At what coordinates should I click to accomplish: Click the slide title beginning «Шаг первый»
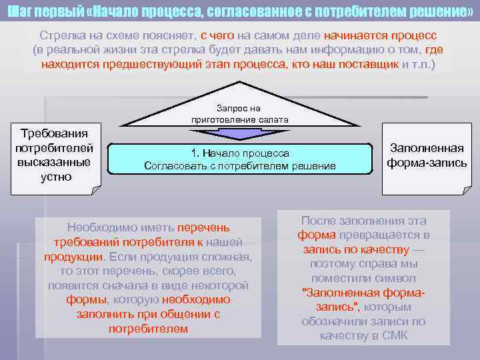(240, 11)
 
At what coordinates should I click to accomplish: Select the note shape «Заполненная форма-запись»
(427, 159)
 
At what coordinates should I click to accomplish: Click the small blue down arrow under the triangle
(239, 133)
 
